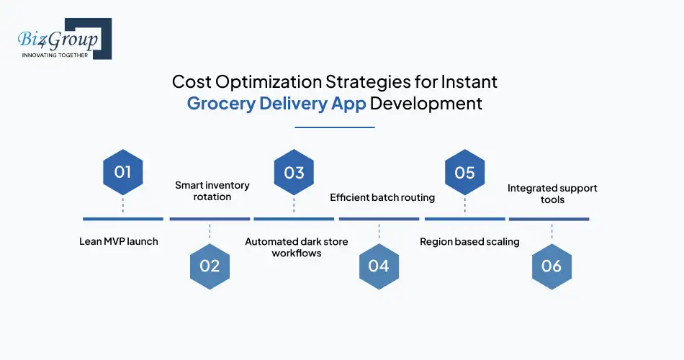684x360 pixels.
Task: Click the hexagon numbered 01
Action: (x=122, y=172)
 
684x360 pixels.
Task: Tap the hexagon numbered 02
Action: (x=210, y=265)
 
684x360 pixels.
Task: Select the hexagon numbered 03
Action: (x=294, y=172)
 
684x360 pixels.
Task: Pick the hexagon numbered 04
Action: (x=379, y=265)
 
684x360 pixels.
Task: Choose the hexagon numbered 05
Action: (x=464, y=172)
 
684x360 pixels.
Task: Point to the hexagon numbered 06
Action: (x=551, y=265)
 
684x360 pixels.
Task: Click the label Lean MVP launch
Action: (x=118, y=241)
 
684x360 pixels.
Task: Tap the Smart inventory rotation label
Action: (x=212, y=191)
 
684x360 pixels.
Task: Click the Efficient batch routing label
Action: (x=382, y=197)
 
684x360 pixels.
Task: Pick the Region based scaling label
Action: (x=469, y=241)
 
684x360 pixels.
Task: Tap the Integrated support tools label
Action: (x=552, y=194)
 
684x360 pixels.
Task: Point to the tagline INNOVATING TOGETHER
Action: (x=55, y=55)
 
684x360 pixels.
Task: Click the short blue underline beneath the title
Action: (x=335, y=127)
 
